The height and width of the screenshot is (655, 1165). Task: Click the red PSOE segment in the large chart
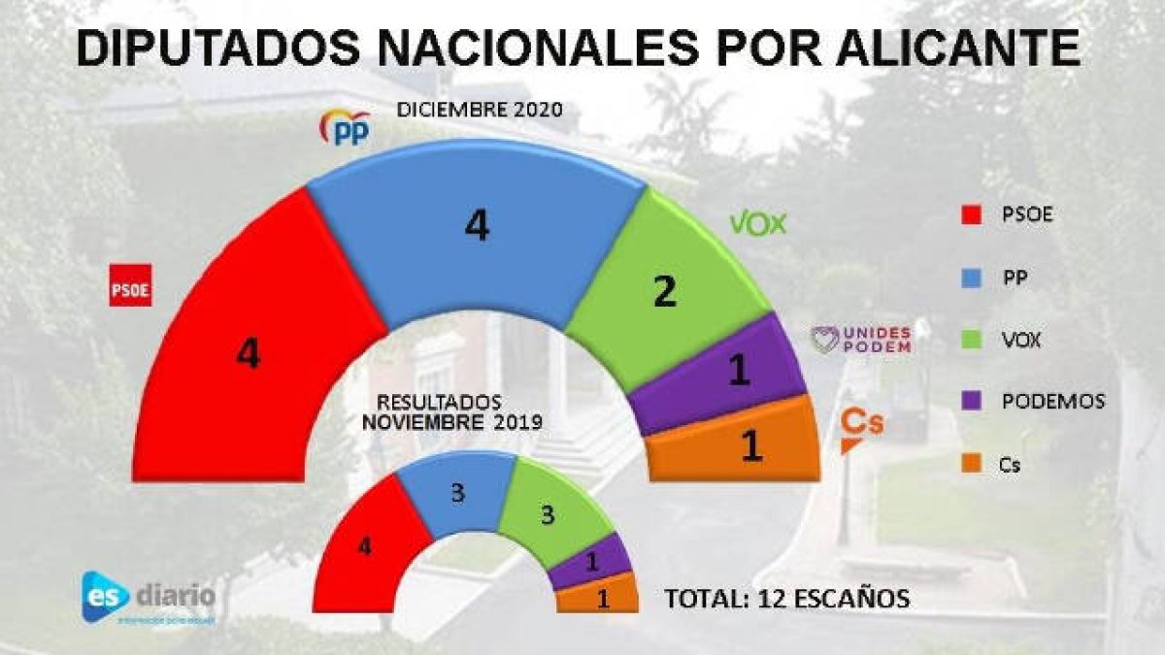[243, 349]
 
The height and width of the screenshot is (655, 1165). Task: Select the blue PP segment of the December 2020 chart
[476, 233]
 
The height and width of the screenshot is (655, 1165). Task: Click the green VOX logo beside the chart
[757, 224]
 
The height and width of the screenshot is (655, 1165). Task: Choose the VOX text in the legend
[1020, 339]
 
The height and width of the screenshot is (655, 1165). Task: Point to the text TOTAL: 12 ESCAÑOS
[786, 599]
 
